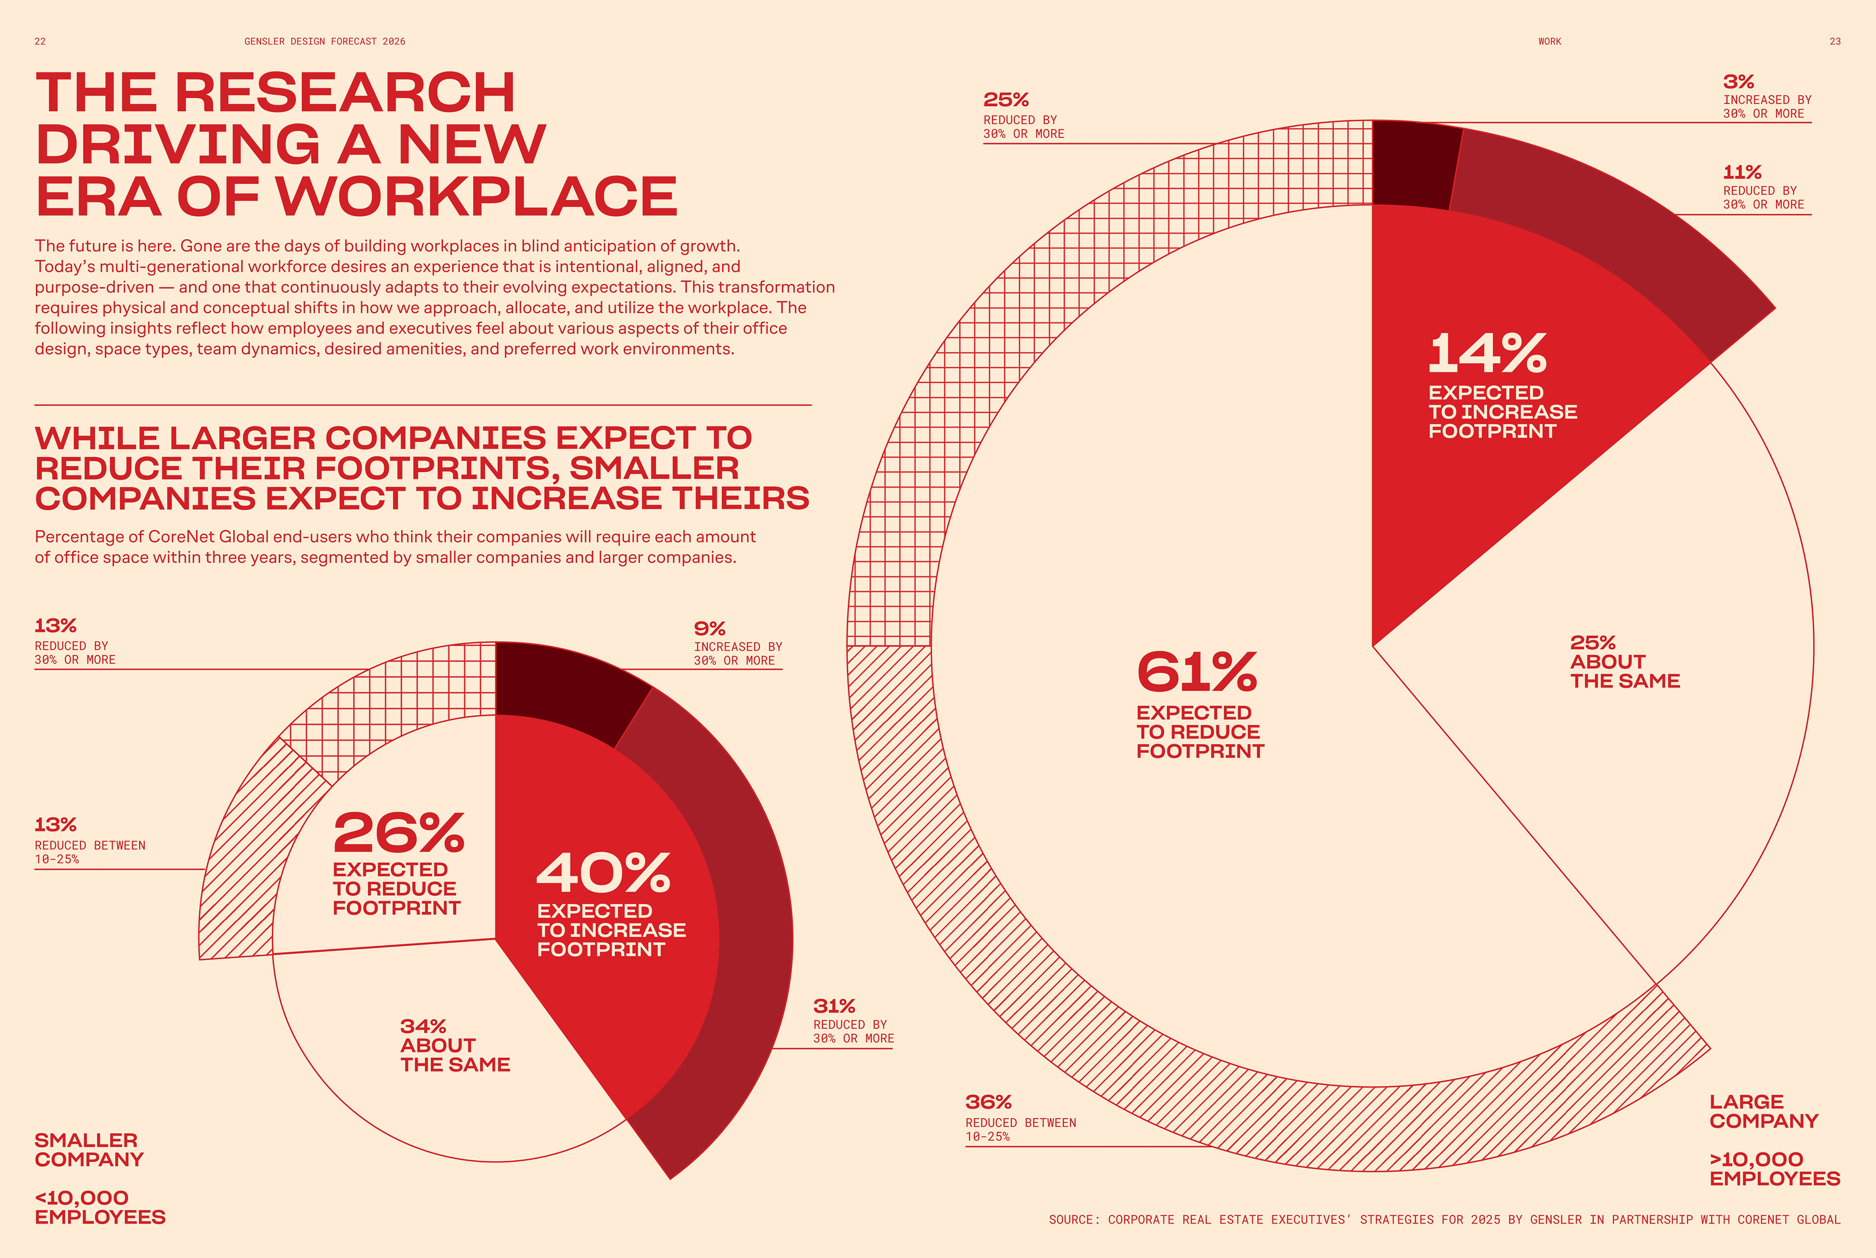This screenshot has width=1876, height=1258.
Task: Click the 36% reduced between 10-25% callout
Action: [1020, 1117]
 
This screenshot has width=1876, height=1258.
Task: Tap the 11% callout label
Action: [1762, 188]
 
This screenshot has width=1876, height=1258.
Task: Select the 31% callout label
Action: [852, 1021]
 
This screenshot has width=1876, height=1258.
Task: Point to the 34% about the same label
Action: [454, 1046]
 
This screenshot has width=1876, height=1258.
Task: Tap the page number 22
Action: [40, 42]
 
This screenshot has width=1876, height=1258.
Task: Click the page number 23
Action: [1834, 42]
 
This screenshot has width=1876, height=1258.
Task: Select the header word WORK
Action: [1550, 42]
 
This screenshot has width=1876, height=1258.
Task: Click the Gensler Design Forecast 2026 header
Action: [325, 42]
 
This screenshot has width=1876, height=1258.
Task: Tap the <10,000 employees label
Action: [100, 1207]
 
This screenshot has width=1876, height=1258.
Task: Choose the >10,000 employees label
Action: [1774, 1169]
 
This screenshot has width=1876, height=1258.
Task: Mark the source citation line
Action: [1444, 1219]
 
